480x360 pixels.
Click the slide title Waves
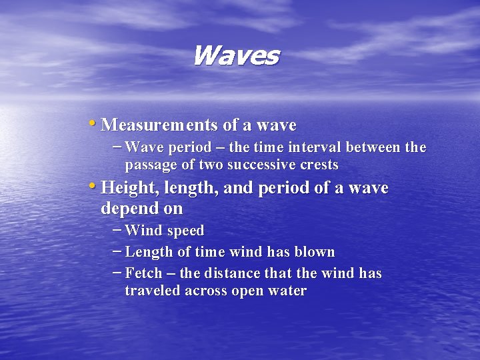pyautogui.click(x=235, y=55)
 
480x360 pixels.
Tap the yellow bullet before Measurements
pyautogui.click(x=91, y=123)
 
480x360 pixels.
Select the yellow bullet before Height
pyautogui.click(x=91, y=187)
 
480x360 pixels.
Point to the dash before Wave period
pyautogui.click(x=117, y=146)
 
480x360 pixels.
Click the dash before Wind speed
pyautogui.click(x=117, y=229)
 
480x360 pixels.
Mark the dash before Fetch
pyautogui.click(x=117, y=272)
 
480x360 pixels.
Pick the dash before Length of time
pyautogui.click(x=117, y=251)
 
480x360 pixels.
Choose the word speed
pyautogui.click(x=185, y=231)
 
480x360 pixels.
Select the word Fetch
pyautogui.click(x=143, y=273)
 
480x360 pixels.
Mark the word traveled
pyautogui.click(x=153, y=291)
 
